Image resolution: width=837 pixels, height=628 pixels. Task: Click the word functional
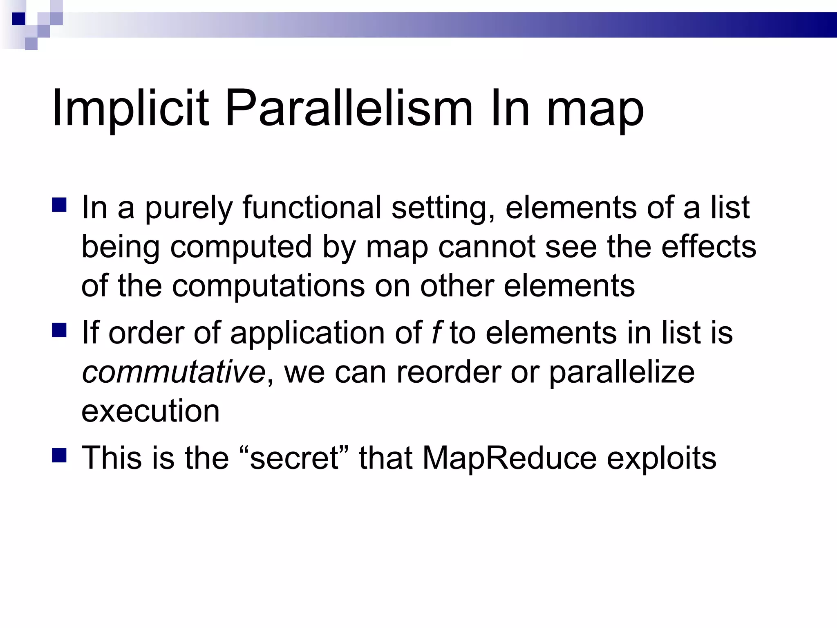tap(312, 207)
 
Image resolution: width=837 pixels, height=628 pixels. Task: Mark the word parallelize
tap(621, 373)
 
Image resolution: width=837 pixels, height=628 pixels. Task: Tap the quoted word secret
tap(294, 458)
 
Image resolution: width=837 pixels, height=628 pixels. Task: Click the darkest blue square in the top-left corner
tap(19, 19)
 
